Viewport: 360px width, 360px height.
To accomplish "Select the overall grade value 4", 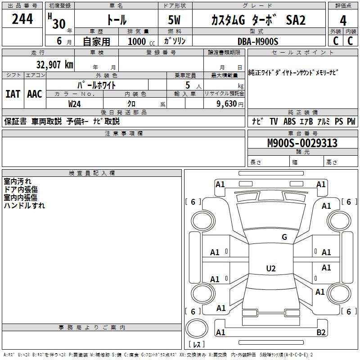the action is [x=343, y=21].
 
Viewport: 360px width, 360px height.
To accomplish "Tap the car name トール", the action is [x=116, y=20].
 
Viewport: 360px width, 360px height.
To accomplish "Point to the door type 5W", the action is [x=175, y=21].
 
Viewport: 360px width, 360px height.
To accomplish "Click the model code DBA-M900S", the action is [x=258, y=41].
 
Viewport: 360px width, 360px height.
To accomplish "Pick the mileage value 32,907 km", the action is [x=54, y=64].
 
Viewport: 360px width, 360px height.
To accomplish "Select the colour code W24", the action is [x=75, y=103].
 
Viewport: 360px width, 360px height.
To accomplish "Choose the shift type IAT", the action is [x=13, y=94].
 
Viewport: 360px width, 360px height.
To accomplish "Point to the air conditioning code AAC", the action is [x=34, y=94].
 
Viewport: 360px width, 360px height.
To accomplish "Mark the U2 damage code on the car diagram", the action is [x=270, y=269].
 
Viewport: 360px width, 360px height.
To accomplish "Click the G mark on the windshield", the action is [x=284, y=237].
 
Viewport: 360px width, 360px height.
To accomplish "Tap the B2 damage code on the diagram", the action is [x=321, y=333].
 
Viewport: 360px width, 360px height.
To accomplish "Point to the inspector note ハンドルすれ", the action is [x=24, y=206].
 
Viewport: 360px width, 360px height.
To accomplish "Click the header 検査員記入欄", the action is [x=92, y=173].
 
